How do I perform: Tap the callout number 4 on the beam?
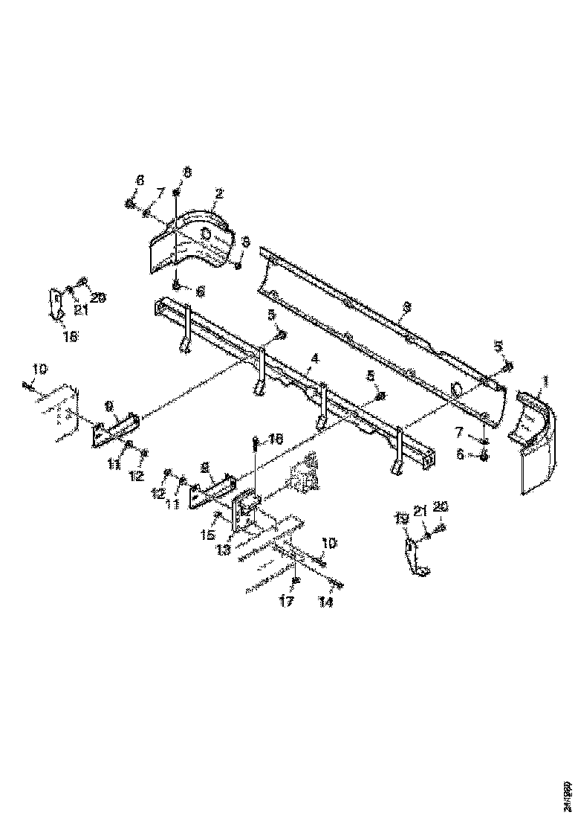(315, 358)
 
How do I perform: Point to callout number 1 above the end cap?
(548, 379)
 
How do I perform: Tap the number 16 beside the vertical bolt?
(275, 441)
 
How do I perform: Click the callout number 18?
(69, 336)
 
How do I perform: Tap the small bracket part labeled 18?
(56, 305)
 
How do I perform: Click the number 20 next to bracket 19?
(441, 507)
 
